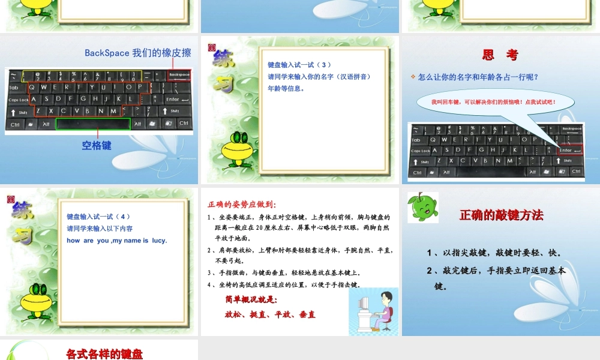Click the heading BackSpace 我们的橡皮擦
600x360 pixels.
tap(137, 53)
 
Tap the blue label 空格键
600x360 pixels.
tap(97, 145)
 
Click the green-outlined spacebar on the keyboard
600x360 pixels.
tap(93, 124)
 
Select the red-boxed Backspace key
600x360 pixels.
tap(179, 75)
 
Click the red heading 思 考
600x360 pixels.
tap(500, 55)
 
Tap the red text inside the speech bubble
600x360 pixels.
tap(493, 102)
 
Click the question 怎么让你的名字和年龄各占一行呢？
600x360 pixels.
tap(478, 77)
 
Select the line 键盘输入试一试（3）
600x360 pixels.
tap(299, 65)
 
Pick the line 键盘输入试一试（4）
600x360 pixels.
tap(98, 217)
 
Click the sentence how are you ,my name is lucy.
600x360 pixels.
tap(116, 241)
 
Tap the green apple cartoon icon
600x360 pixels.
tap(422, 207)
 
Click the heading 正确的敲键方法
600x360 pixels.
tap(501, 215)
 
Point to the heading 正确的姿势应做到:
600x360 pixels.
tap(242, 204)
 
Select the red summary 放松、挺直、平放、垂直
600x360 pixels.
tap(270, 314)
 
